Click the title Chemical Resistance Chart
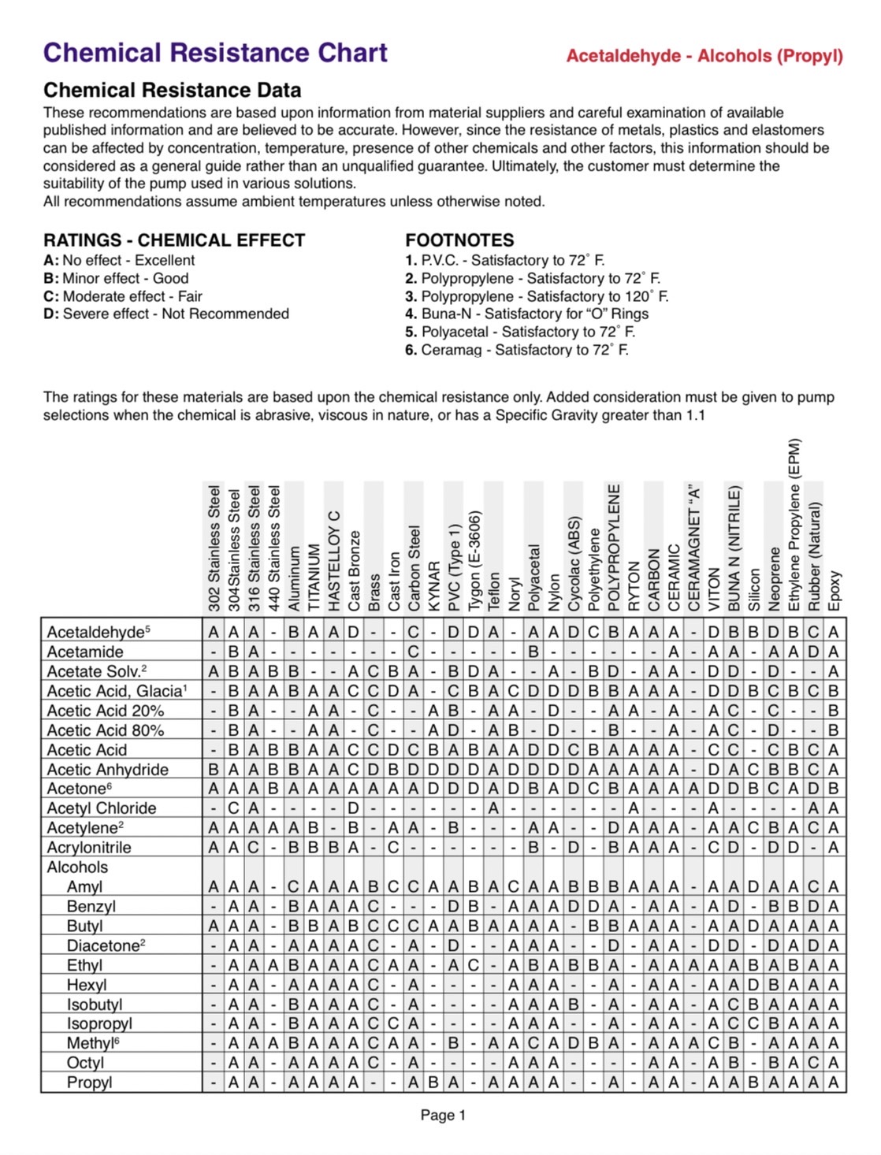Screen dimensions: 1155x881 tap(215, 53)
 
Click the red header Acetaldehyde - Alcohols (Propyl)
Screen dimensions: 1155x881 tap(704, 56)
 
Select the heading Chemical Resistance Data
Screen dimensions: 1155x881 tap(172, 90)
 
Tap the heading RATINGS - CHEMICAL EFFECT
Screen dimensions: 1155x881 tap(174, 240)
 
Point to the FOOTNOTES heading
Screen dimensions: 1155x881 tap(459, 240)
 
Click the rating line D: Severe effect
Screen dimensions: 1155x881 tap(166, 314)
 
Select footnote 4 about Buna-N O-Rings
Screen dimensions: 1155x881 tap(526, 314)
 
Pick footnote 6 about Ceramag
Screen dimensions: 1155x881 tap(516, 350)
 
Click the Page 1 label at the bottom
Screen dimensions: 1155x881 tap(443, 1115)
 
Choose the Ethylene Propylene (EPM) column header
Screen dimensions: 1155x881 tap(794, 525)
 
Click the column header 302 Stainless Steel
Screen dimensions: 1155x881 tap(214, 548)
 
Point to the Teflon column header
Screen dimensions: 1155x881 tap(494, 590)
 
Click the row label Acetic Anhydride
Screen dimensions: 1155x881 tap(107, 770)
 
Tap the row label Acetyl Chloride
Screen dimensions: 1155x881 tap(102, 808)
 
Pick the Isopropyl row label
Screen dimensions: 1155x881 tap(99, 1023)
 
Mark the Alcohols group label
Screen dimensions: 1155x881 tap(77, 867)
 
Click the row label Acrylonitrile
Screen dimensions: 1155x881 tap(89, 848)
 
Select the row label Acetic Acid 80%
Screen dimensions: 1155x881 tap(106, 730)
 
